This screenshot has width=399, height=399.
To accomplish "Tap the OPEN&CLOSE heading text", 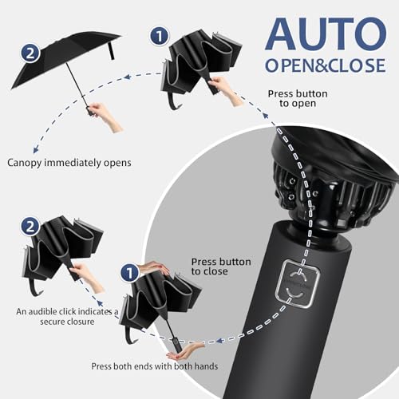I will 325,65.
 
